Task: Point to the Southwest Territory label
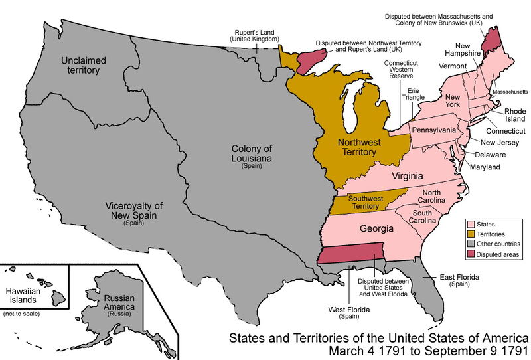pos(363,203)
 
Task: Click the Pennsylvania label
pos(433,129)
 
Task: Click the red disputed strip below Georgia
pos(351,254)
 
